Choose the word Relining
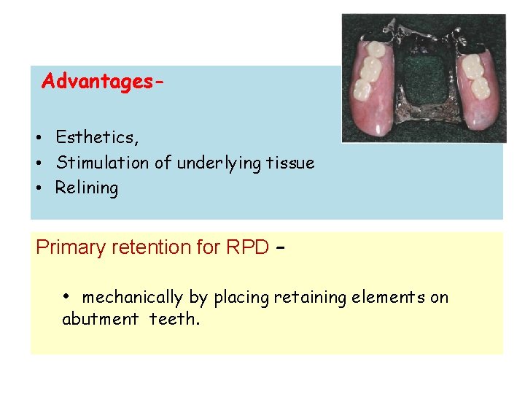pos(87,188)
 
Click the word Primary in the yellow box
pos(71,248)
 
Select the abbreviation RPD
pos(247,247)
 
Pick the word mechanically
pos(133,298)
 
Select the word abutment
pos(101,319)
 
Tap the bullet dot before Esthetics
pos(44,138)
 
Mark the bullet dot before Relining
pos(44,188)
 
